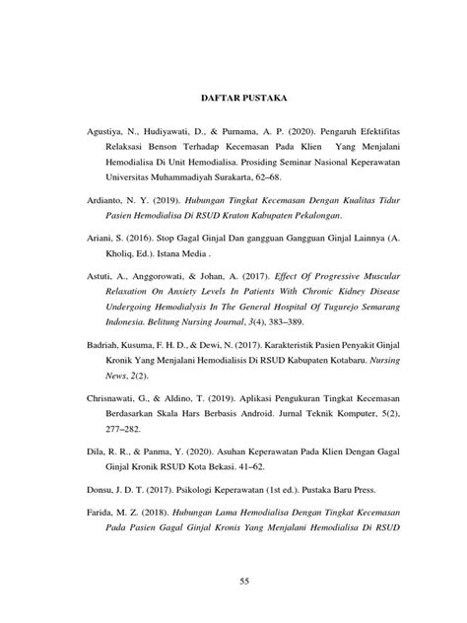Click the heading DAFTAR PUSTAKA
point(233,100)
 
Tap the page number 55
point(233,584)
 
